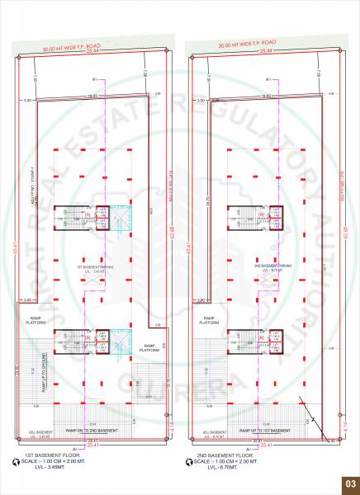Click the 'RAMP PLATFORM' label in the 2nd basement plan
tap(206, 322)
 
